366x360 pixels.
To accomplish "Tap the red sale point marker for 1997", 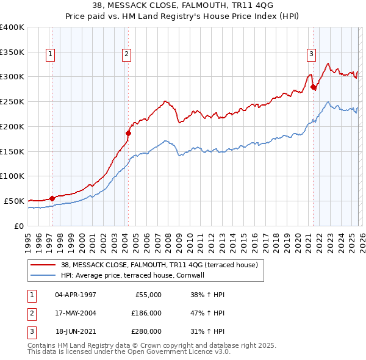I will point(52,198).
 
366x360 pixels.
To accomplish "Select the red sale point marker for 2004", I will point(129,132).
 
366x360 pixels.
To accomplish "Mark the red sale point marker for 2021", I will point(314,87).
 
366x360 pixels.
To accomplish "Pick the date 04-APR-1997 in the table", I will point(75,295).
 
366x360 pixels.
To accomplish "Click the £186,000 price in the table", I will point(146,312).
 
